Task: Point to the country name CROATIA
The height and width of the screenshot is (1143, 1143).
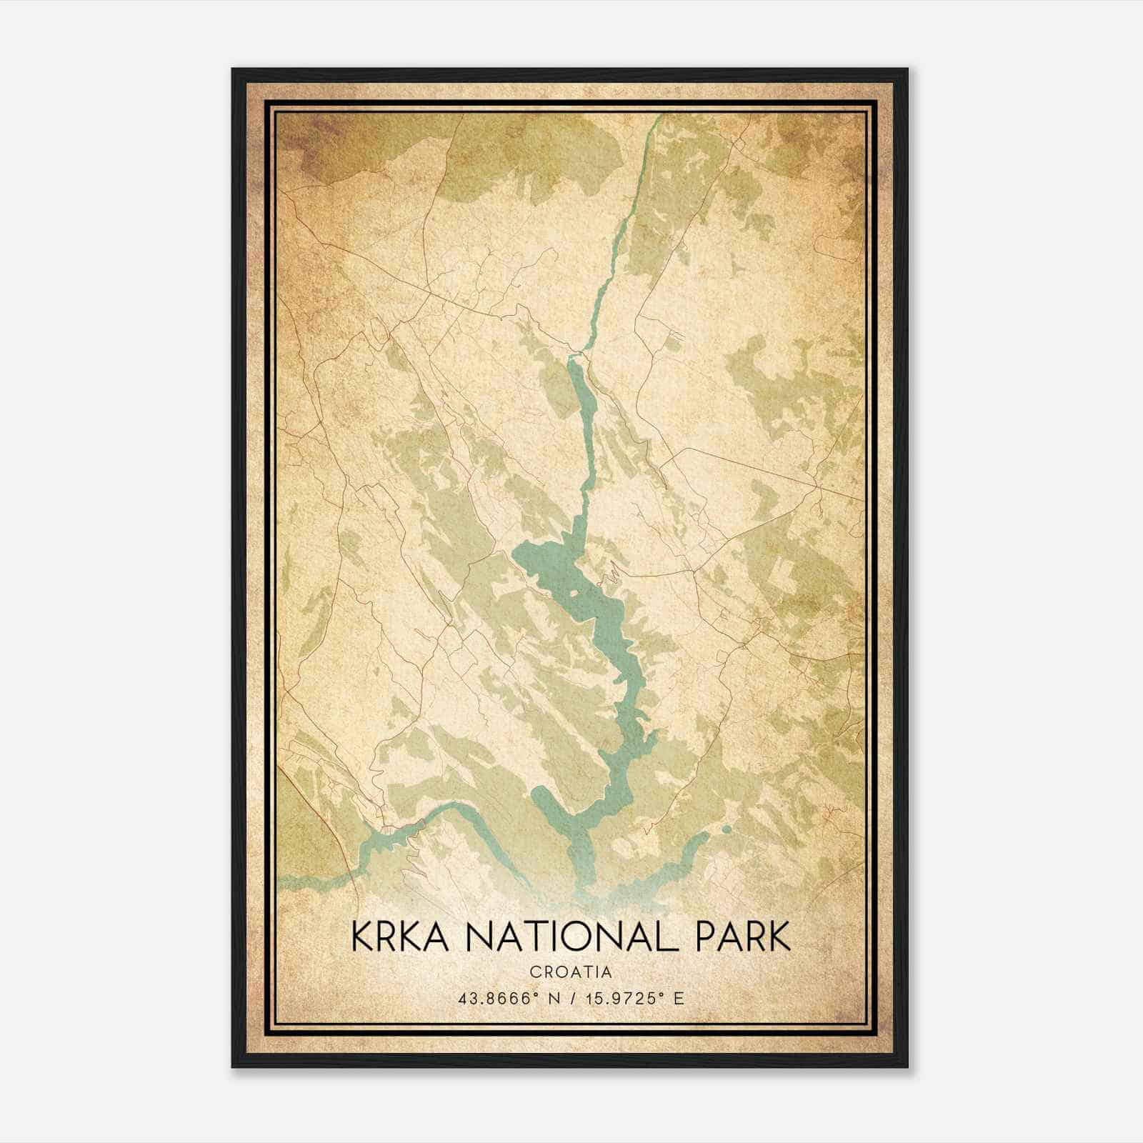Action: [x=571, y=972]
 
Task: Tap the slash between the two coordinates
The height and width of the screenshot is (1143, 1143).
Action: [x=569, y=998]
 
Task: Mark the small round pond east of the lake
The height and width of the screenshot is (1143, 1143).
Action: [x=727, y=830]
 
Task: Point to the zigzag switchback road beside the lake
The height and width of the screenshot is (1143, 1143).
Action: [x=613, y=571]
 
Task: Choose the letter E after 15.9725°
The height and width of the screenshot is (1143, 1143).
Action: [x=679, y=998]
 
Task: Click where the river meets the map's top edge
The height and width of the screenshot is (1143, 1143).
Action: [x=659, y=116]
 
